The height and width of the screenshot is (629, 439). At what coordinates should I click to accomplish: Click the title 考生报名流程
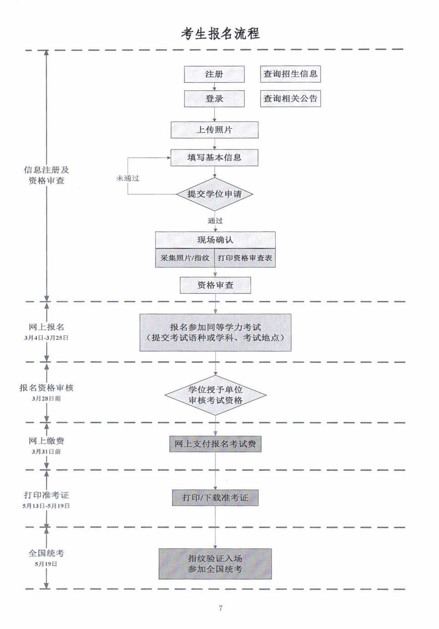point(220,34)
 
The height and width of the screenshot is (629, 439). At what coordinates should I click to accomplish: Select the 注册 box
point(214,74)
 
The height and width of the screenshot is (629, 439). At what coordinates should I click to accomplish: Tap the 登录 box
point(214,99)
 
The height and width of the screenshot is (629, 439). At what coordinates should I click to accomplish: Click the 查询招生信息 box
point(290,74)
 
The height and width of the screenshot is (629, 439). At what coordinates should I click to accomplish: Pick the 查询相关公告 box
point(290,99)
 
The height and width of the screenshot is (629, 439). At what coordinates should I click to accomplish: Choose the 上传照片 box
point(215,130)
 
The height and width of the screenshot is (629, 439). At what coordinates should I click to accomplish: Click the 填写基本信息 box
point(215,158)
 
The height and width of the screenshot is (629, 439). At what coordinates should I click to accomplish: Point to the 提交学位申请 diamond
point(215,194)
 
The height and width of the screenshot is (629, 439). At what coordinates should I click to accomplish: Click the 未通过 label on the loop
point(128,179)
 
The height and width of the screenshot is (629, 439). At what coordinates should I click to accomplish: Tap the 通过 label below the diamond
point(215,221)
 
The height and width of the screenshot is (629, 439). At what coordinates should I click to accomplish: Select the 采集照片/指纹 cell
point(185,258)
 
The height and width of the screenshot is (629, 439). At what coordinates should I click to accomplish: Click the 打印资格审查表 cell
point(245,258)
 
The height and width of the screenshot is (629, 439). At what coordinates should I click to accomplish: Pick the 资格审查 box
point(215,285)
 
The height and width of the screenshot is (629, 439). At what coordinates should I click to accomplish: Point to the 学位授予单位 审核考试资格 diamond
point(215,395)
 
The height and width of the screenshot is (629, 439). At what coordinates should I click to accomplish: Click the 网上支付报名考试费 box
point(215,444)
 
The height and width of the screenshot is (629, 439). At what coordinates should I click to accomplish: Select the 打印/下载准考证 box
point(215,498)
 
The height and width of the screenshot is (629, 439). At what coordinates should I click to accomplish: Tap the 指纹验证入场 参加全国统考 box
point(215,564)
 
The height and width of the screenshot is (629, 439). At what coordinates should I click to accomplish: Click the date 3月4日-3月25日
point(46,338)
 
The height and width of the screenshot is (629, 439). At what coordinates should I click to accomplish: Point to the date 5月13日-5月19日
point(46,506)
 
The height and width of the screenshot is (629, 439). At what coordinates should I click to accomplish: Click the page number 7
point(221,608)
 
